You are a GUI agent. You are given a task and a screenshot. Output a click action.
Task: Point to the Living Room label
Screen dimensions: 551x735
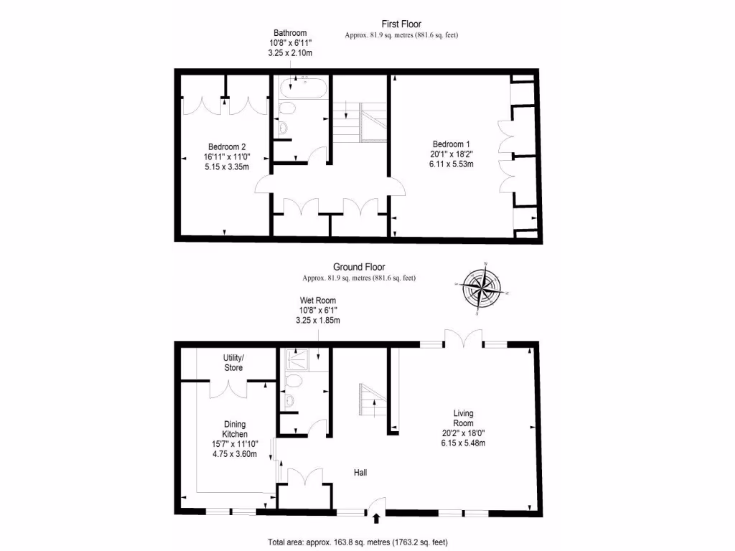coord(463,428)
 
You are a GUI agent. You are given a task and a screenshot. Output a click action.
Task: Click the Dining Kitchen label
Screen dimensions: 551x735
coord(235,439)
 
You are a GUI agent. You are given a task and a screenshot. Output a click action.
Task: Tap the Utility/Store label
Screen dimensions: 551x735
coord(233,362)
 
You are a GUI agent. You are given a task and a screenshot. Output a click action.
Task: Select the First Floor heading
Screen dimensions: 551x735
coord(401,24)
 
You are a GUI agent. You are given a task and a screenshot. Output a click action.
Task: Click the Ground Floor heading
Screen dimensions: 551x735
coord(359,267)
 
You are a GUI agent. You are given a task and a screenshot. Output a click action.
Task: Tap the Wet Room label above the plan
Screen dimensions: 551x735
coord(317,310)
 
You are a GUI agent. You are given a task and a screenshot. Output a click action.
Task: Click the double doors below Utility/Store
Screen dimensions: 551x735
coord(230,388)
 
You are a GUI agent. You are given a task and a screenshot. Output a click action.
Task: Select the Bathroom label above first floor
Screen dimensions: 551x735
coord(290,43)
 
